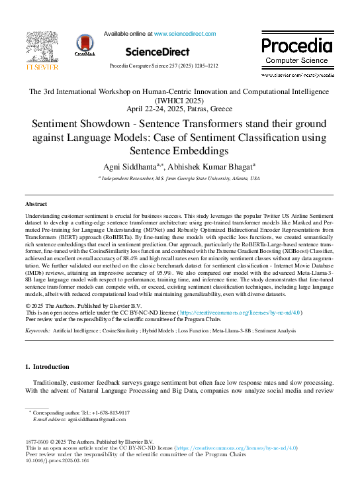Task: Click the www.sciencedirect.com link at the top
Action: (183, 32)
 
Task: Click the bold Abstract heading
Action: (37, 205)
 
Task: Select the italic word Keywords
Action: (36, 330)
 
